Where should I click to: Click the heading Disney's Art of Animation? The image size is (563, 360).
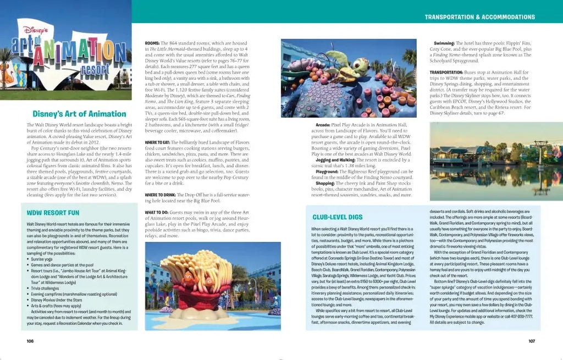(79, 114)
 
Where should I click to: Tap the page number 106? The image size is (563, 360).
(30, 341)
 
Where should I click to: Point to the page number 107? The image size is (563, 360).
(532, 341)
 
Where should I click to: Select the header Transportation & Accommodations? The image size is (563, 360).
(479, 17)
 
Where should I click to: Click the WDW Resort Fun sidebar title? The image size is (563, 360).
(53, 213)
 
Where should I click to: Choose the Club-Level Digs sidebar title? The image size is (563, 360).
(337, 217)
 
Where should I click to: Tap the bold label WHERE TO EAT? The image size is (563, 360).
(158, 142)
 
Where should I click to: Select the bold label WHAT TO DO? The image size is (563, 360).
(156, 212)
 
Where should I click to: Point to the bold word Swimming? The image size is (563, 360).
(444, 43)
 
